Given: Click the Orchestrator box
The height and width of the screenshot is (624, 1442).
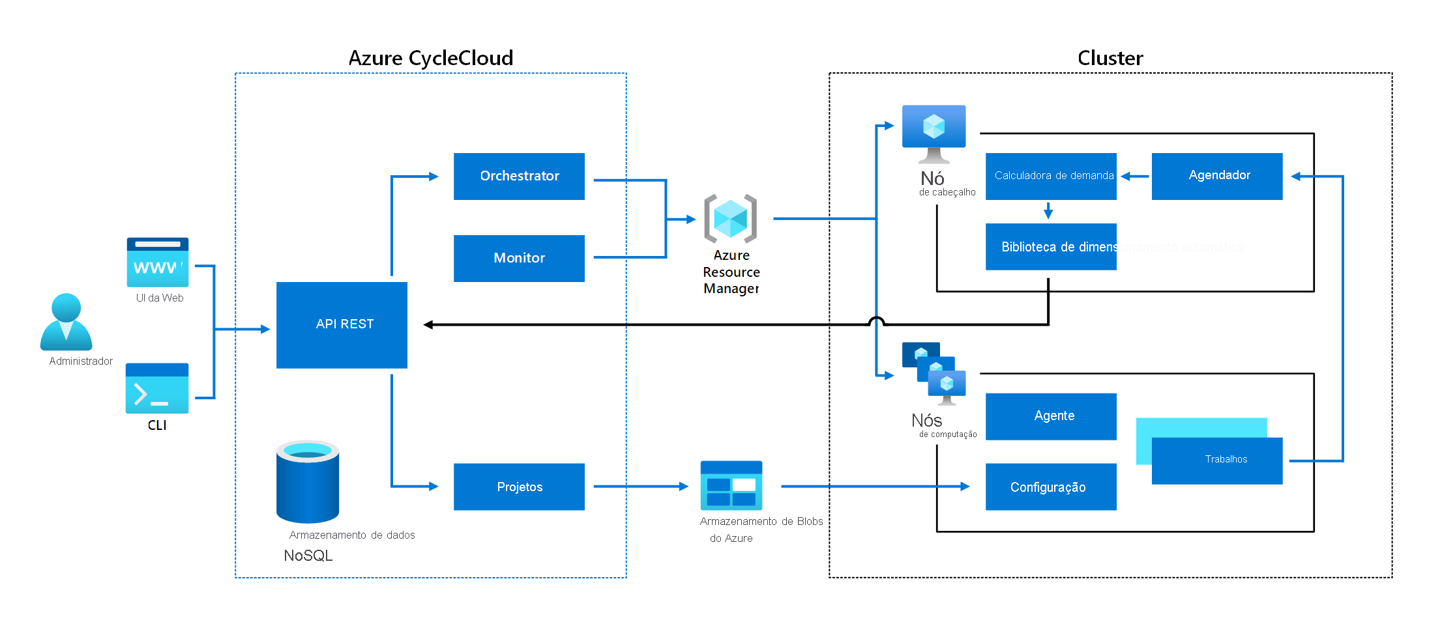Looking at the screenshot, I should click(519, 176).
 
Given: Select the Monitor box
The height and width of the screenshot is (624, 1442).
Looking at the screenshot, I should click(519, 258).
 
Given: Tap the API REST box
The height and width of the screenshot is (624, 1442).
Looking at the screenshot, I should click(342, 324).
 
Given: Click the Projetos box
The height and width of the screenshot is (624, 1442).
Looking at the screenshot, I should click(519, 487).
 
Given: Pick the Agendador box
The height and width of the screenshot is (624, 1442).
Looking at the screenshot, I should click(1216, 176).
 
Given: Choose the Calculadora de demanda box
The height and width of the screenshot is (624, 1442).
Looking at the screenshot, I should click(1051, 176).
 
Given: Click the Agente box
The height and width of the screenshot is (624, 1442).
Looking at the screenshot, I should click(1051, 416).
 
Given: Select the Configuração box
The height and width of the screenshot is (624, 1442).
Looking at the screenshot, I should click(1051, 487).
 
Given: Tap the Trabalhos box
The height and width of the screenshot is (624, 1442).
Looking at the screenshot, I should click(1216, 461).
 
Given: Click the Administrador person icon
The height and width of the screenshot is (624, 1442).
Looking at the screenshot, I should click(66, 322).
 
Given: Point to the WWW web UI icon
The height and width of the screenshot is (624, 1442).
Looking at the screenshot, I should click(158, 262).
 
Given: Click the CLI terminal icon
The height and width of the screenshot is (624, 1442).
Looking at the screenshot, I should click(157, 388).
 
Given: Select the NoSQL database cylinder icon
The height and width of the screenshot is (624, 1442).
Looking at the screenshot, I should click(308, 481).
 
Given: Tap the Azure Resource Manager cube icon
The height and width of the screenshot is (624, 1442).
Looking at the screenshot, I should click(730, 218).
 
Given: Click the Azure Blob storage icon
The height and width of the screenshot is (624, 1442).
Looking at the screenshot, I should click(731, 485).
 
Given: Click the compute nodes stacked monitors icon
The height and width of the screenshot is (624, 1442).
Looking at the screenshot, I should click(934, 373).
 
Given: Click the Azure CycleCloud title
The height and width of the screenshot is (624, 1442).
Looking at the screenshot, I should click(430, 58).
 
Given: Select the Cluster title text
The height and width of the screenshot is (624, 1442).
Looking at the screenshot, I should click(1110, 58).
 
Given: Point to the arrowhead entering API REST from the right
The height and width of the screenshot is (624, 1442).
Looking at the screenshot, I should click(428, 324).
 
